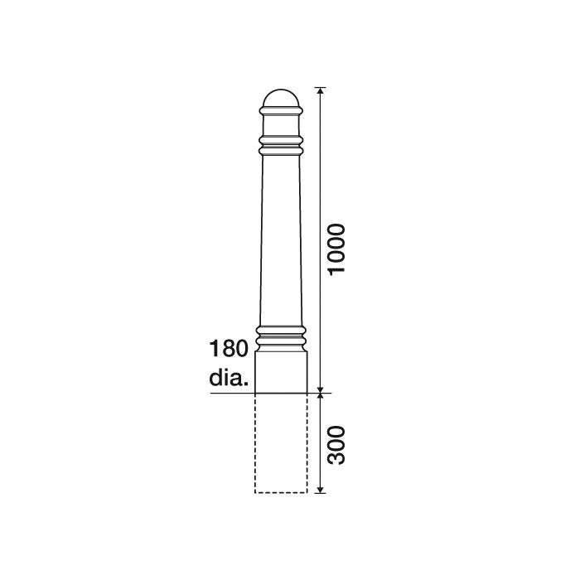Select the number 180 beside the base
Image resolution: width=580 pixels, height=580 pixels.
click(x=230, y=348)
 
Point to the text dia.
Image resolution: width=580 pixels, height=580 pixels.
click(x=228, y=379)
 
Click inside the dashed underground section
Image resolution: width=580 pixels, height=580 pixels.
click(x=281, y=443)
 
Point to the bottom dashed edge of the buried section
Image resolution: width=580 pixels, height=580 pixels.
click(x=281, y=493)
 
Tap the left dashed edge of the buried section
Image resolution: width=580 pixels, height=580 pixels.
click(x=255, y=443)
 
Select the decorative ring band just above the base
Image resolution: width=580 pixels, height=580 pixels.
click(x=281, y=336)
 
